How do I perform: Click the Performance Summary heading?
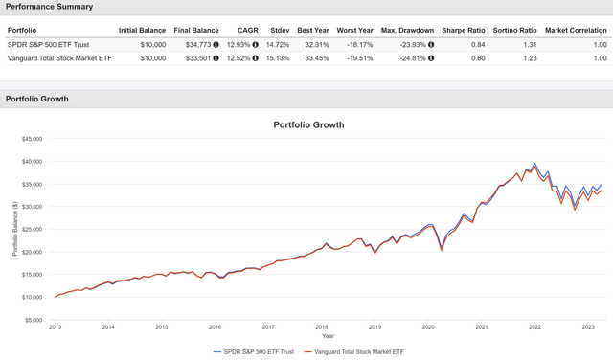50,7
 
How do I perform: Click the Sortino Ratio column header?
515,31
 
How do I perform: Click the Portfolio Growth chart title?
308,124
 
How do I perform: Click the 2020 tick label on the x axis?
428,327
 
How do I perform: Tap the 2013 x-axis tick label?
56,327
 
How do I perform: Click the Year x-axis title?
329,336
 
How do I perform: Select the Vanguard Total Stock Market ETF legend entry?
355,352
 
